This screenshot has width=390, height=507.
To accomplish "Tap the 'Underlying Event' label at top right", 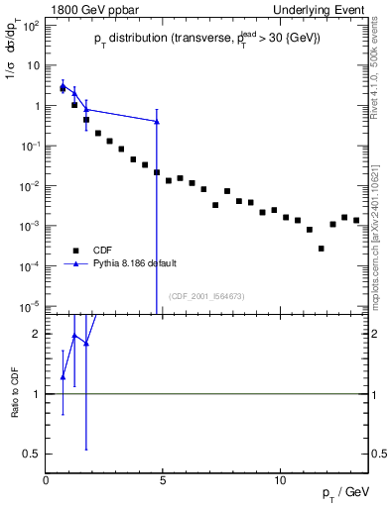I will coord(324,10).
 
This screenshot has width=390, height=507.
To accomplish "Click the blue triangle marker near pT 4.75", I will coord(157,122).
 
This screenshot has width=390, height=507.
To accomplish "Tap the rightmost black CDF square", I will coord(356,220).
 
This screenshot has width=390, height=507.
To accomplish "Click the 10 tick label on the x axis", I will coord(280,480).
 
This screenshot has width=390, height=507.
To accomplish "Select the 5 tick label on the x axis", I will coord(163,480).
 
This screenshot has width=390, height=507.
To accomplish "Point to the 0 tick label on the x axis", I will coord(46,480).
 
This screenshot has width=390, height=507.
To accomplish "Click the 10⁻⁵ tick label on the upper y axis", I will coord(30,307).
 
